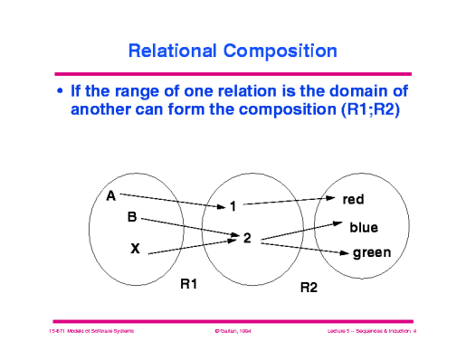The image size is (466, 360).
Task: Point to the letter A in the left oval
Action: tap(110, 195)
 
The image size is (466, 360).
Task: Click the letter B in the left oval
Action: tap(131, 218)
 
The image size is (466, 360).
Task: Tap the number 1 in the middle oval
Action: tap(233, 206)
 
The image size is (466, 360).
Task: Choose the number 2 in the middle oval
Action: tap(246, 239)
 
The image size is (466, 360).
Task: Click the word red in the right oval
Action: tap(354, 199)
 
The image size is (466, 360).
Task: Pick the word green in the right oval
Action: tap(371, 253)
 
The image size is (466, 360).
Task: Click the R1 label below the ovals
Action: tap(189, 284)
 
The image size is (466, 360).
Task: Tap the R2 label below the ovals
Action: tap(309, 288)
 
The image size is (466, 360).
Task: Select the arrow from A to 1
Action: tap(172, 200)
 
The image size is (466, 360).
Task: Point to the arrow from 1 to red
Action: tap(285, 200)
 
